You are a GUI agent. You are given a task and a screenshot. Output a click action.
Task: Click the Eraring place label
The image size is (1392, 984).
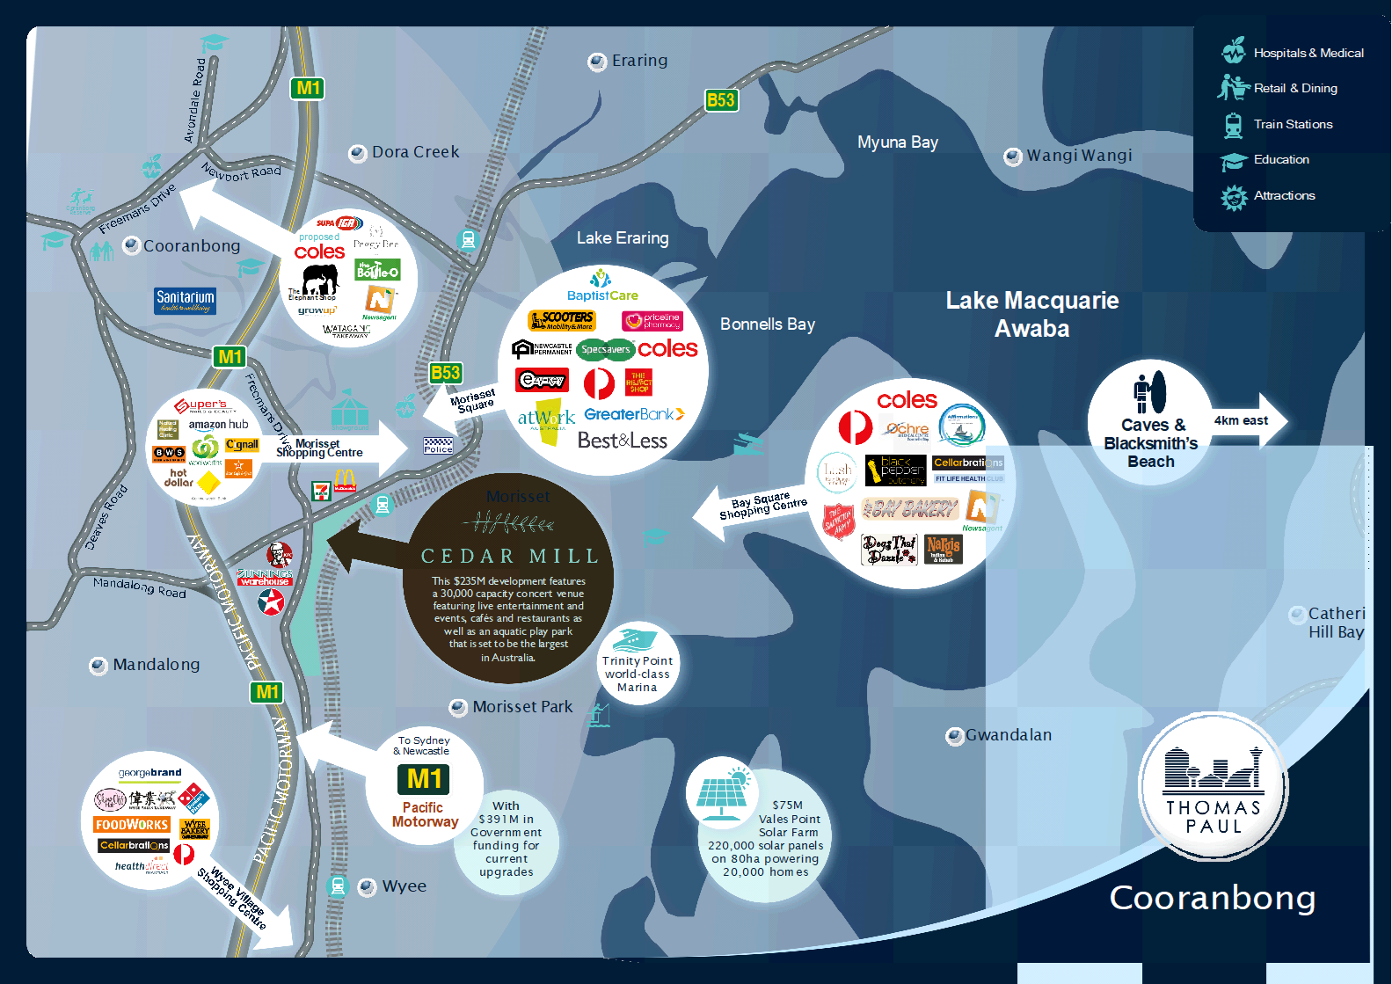coord(639,61)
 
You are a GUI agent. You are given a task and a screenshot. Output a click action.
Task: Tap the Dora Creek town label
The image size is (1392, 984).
coord(415,152)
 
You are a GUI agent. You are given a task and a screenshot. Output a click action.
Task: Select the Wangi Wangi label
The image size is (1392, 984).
coord(1079,156)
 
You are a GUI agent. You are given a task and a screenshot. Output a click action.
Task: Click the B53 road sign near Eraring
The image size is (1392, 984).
coord(720,100)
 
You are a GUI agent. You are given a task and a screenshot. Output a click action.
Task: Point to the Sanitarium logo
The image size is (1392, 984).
coord(185,300)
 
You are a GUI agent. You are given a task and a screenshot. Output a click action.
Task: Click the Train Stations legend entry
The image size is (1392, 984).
coord(1293,125)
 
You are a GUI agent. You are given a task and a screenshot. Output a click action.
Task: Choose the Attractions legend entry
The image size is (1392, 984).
coord(1284,196)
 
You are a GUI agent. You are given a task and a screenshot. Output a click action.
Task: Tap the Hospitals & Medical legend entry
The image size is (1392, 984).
coord(1308,54)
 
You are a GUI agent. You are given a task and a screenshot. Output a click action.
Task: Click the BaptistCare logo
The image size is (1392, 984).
coord(602,287)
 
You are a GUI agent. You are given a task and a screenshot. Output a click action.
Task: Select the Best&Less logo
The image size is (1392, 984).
coord(622,441)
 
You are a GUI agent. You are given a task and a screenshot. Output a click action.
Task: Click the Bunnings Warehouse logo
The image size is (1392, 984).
coord(264,577)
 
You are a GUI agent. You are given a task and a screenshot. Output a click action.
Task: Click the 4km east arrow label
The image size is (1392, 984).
coord(1241,420)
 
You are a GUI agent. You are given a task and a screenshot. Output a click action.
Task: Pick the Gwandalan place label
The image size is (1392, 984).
coord(1008,735)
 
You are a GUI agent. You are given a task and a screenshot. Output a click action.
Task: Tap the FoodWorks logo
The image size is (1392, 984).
coord(131,825)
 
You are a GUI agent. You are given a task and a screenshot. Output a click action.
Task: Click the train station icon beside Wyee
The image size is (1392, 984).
coord(337,886)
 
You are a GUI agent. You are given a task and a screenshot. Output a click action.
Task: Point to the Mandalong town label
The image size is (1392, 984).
coord(156,665)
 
